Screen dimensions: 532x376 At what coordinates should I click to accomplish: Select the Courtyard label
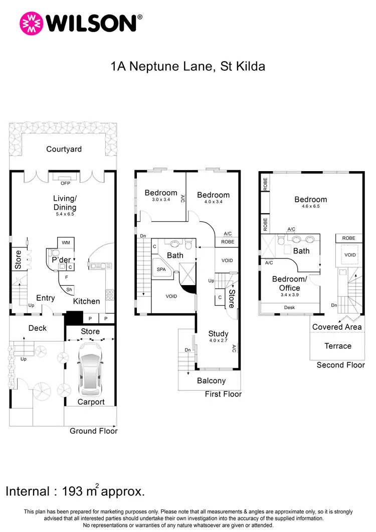pos(64,149)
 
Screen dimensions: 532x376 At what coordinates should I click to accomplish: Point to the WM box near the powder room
pos(66,242)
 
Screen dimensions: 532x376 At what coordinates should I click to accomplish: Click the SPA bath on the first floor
pos(161,270)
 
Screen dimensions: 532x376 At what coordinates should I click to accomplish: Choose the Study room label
pos(218,334)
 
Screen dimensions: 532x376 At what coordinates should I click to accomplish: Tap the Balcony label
pos(211,381)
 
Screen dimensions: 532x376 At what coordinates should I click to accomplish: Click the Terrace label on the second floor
pos(337,346)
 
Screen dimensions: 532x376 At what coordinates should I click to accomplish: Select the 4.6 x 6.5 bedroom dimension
pos(310,206)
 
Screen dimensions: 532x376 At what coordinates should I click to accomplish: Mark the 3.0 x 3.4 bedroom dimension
pos(161,200)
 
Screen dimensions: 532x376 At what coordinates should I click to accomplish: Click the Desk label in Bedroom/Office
pos(289,307)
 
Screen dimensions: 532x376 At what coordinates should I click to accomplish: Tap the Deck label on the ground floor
pos(37,328)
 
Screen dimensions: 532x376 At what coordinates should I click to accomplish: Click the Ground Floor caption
pos(93,431)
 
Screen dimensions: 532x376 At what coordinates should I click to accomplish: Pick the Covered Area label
pos(337,327)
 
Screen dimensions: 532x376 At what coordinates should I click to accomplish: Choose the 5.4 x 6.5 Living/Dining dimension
pos(64,214)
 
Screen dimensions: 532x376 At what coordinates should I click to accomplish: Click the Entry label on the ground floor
pos(45,298)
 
